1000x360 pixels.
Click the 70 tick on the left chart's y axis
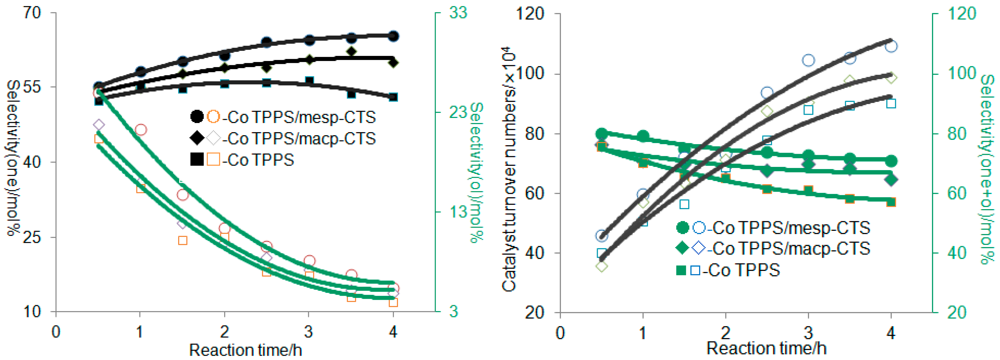[32, 13]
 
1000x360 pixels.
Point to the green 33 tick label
[458, 13]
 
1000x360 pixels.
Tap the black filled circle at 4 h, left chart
[393, 36]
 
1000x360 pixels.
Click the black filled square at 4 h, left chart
[393, 97]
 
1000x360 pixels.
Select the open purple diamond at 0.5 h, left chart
[99, 125]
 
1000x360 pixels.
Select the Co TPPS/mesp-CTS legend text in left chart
[301, 117]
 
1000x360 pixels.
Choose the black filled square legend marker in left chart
[197, 159]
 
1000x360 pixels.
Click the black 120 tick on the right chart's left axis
[530, 14]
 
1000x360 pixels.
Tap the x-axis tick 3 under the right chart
[808, 333]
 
